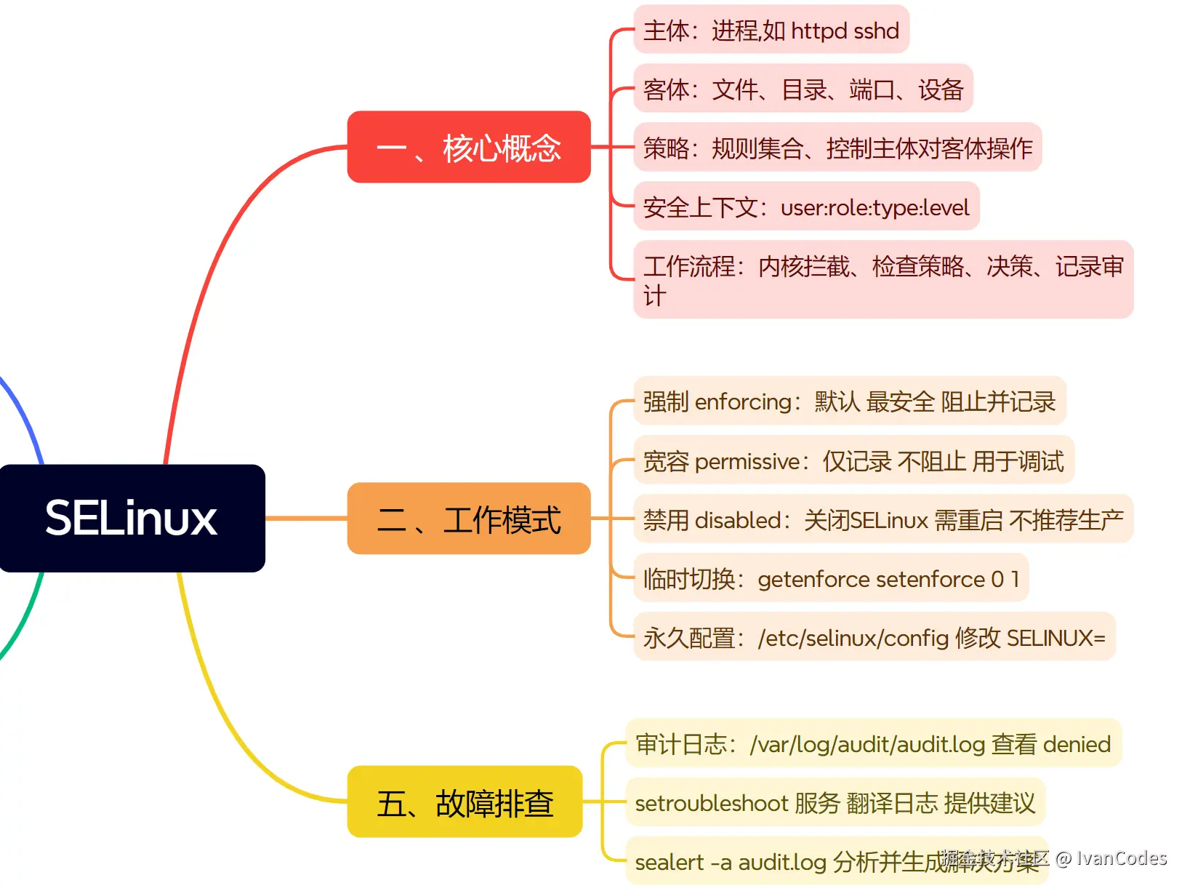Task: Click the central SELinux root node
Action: pyautogui.click(x=132, y=518)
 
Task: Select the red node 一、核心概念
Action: pyautogui.click(x=469, y=148)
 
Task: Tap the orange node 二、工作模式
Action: pyautogui.click(x=469, y=519)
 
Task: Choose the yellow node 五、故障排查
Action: pyautogui.click(x=465, y=802)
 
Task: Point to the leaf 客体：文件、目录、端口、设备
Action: pyautogui.click(x=803, y=89)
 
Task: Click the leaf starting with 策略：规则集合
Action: pyautogui.click(x=837, y=148)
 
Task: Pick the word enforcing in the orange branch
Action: pyautogui.click(x=742, y=402)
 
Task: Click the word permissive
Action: pyautogui.click(x=747, y=462)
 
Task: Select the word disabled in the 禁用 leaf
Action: pyautogui.click(x=737, y=521)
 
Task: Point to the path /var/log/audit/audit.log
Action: pyautogui.click(x=867, y=745)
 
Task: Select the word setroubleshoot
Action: pyautogui.click(x=711, y=804)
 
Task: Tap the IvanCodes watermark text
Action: pyautogui.click(x=1121, y=858)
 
